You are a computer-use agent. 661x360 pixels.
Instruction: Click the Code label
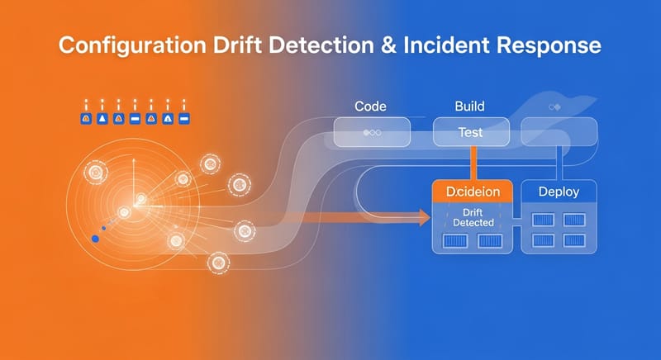[371, 107]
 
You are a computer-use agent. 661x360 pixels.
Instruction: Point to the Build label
[470, 107]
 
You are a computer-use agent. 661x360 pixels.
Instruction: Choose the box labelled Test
[470, 131]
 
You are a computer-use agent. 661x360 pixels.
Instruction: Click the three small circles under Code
[371, 132]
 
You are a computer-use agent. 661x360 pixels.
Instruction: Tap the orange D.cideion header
[473, 192]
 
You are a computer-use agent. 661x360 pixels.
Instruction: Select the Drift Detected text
[473, 218]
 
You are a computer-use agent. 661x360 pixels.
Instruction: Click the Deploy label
[559, 192]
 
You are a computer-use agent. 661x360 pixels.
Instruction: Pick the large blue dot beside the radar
[95, 239]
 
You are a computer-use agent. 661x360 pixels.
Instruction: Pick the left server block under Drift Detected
[454, 241]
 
